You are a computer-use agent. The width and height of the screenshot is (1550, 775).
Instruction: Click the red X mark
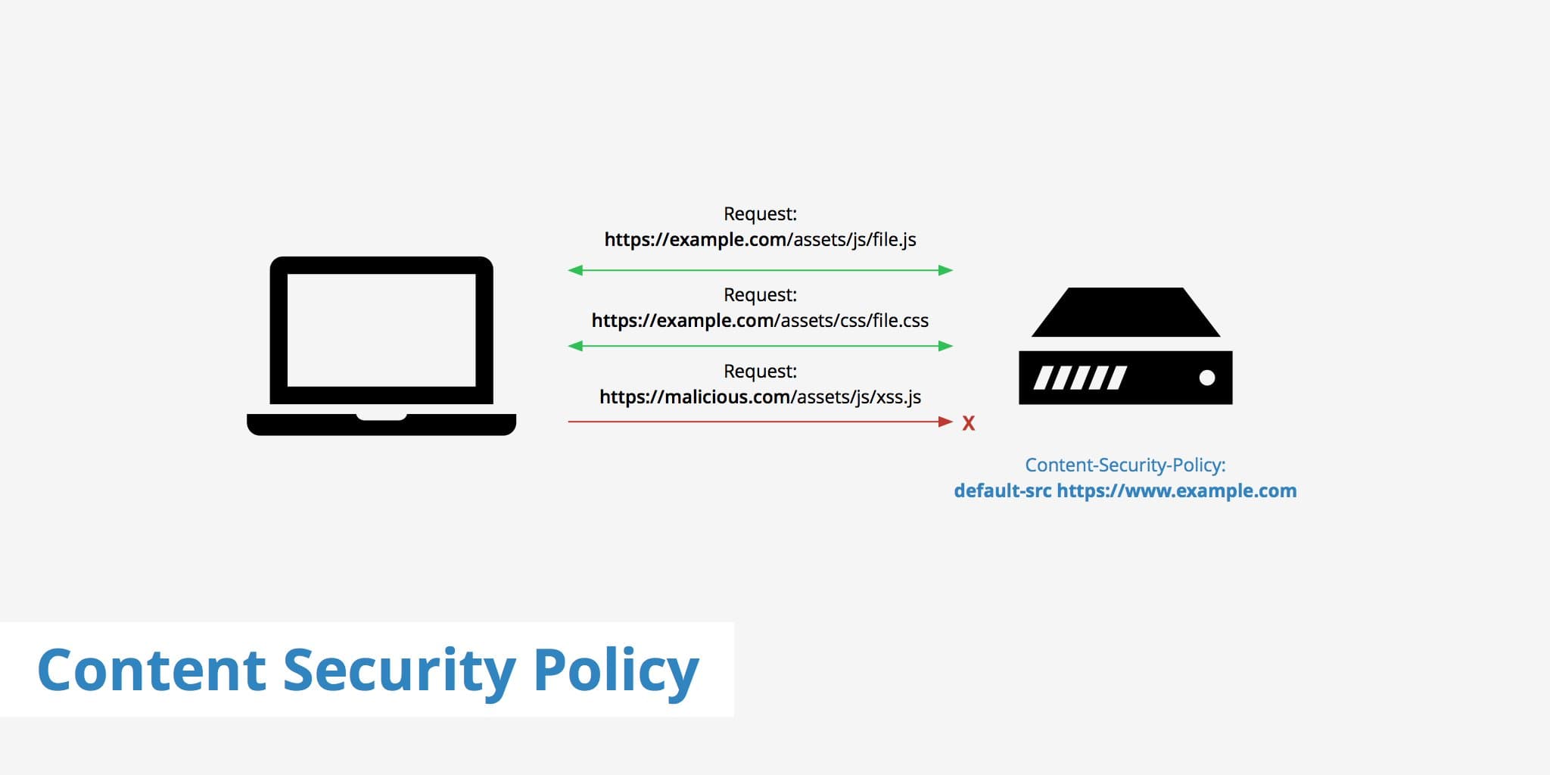[968, 423]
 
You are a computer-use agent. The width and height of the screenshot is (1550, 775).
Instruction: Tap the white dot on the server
[1207, 378]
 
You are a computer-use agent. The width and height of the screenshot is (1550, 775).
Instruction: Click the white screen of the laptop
[381, 330]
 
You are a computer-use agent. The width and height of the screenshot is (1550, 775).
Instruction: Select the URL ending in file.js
[760, 240]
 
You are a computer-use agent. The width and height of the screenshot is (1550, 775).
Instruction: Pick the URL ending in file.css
[760, 321]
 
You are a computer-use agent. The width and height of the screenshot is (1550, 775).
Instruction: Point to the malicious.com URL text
[760, 397]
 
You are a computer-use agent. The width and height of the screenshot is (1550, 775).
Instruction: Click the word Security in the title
[399, 670]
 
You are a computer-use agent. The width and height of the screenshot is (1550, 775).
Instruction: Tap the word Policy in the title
[616, 670]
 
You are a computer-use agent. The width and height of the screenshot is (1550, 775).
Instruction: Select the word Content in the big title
[151, 670]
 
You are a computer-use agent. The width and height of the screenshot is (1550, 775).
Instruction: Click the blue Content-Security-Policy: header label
[1125, 465]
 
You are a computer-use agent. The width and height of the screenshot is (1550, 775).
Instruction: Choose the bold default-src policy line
[1125, 491]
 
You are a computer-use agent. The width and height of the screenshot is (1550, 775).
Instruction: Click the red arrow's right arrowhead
[945, 422]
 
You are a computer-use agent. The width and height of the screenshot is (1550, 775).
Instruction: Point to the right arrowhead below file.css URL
[945, 346]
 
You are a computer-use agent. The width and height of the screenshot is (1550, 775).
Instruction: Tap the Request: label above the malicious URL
[760, 372]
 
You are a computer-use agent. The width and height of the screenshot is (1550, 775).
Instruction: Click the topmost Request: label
[760, 214]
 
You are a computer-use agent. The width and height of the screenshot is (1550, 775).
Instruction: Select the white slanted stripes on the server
[1080, 378]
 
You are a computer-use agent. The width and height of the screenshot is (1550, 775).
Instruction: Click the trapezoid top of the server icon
[1125, 313]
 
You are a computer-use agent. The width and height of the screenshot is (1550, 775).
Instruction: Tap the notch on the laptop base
[381, 416]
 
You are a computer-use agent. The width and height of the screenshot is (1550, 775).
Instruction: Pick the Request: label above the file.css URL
[760, 295]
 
